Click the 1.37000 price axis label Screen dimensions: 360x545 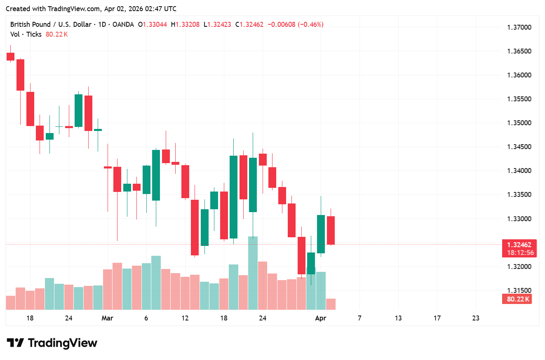click(x=519, y=28)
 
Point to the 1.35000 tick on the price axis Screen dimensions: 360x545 click(x=519, y=123)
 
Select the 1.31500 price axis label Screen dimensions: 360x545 click(x=519, y=290)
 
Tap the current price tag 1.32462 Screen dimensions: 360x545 click(x=519, y=245)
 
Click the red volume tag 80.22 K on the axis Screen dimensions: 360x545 click(x=518, y=299)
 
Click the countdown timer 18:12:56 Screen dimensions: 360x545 click(x=519, y=252)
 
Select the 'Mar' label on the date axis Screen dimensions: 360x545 click(x=107, y=318)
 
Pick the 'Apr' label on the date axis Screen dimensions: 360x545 click(x=320, y=318)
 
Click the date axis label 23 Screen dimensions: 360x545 click(x=475, y=318)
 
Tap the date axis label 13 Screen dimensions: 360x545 click(x=398, y=318)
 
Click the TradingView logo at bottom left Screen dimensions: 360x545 click(x=52, y=343)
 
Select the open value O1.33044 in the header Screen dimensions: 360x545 click(x=153, y=25)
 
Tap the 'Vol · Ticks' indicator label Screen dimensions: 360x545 click(x=26, y=35)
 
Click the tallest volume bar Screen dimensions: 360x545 click(x=253, y=273)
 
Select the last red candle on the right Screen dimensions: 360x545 click(x=331, y=230)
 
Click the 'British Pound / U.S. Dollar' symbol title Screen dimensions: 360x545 click(x=51, y=25)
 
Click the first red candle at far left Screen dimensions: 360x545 click(x=10, y=56)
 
